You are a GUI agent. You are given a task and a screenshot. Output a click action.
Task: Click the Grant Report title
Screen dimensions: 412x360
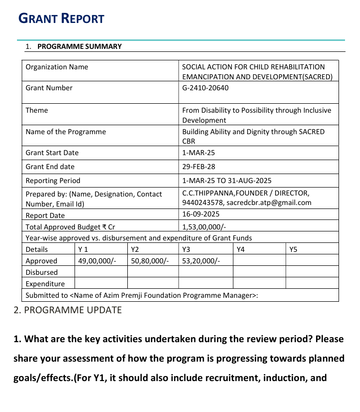pyautogui.click(x=61, y=19)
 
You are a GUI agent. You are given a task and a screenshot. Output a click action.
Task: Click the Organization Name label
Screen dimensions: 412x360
pyautogui.click(x=56, y=67)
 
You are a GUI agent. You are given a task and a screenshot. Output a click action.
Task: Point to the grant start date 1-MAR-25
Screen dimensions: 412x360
pyautogui.click(x=199, y=153)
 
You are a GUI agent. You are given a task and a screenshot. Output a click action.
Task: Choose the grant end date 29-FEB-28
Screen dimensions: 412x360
pyautogui.click(x=199, y=167)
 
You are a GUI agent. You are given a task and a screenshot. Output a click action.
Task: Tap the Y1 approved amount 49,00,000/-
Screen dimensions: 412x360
pyautogui.click(x=97, y=261)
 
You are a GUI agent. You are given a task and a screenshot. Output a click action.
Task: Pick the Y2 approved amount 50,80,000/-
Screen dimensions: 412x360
pyautogui.click(x=150, y=261)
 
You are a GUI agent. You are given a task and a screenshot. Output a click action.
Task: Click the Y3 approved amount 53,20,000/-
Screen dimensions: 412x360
pyautogui.click(x=201, y=261)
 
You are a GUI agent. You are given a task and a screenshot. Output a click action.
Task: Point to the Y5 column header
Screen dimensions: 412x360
pyautogui.click(x=293, y=249)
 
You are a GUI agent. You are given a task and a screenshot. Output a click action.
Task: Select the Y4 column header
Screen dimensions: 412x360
pyautogui.click(x=241, y=249)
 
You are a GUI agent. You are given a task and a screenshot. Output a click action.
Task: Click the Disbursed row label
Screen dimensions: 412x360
pyautogui.click(x=41, y=272)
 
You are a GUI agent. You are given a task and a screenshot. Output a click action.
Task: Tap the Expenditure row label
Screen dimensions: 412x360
pyautogui.click(x=45, y=284)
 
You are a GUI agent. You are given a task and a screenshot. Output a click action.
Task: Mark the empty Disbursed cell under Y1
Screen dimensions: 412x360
pyautogui.click(x=101, y=272)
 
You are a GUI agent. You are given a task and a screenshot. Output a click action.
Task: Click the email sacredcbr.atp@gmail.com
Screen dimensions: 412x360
pyautogui.click(x=269, y=203)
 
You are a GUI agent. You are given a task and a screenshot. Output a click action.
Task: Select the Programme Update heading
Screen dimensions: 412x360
pyautogui.click(x=67, y=310)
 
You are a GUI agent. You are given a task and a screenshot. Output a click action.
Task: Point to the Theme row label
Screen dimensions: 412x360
pyautogui.click(x=36, y=110)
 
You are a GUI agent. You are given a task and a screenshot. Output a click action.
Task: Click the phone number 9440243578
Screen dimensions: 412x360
pyautogui.click(x=203, y=203)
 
